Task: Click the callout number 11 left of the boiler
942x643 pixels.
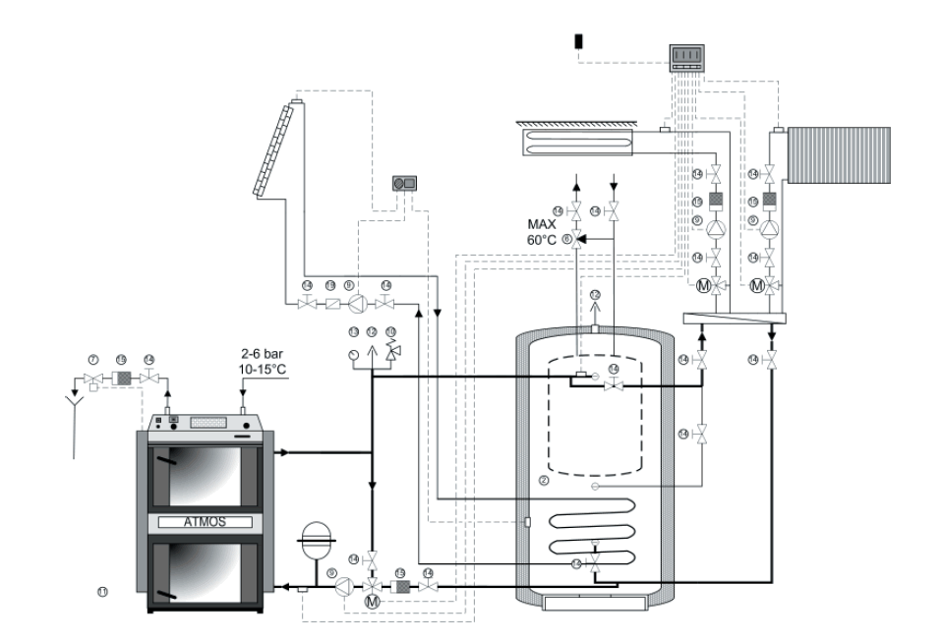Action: [102, 591]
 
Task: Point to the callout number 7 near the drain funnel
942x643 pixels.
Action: [93, 361]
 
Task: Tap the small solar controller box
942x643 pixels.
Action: [403, 183]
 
